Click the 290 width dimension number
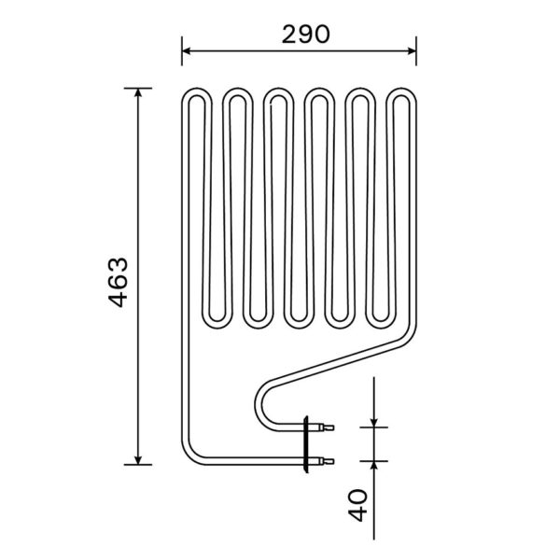[306, 35]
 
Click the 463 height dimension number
[118, 282]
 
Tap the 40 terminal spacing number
[357, 505]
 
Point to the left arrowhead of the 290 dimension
[186, 51]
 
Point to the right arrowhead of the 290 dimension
[412, 51]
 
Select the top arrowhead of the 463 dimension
[138, 92]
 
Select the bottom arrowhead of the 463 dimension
[138, 460]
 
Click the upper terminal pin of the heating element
[327, 427]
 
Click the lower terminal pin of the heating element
[327, 461]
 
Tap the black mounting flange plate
[306, 444]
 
